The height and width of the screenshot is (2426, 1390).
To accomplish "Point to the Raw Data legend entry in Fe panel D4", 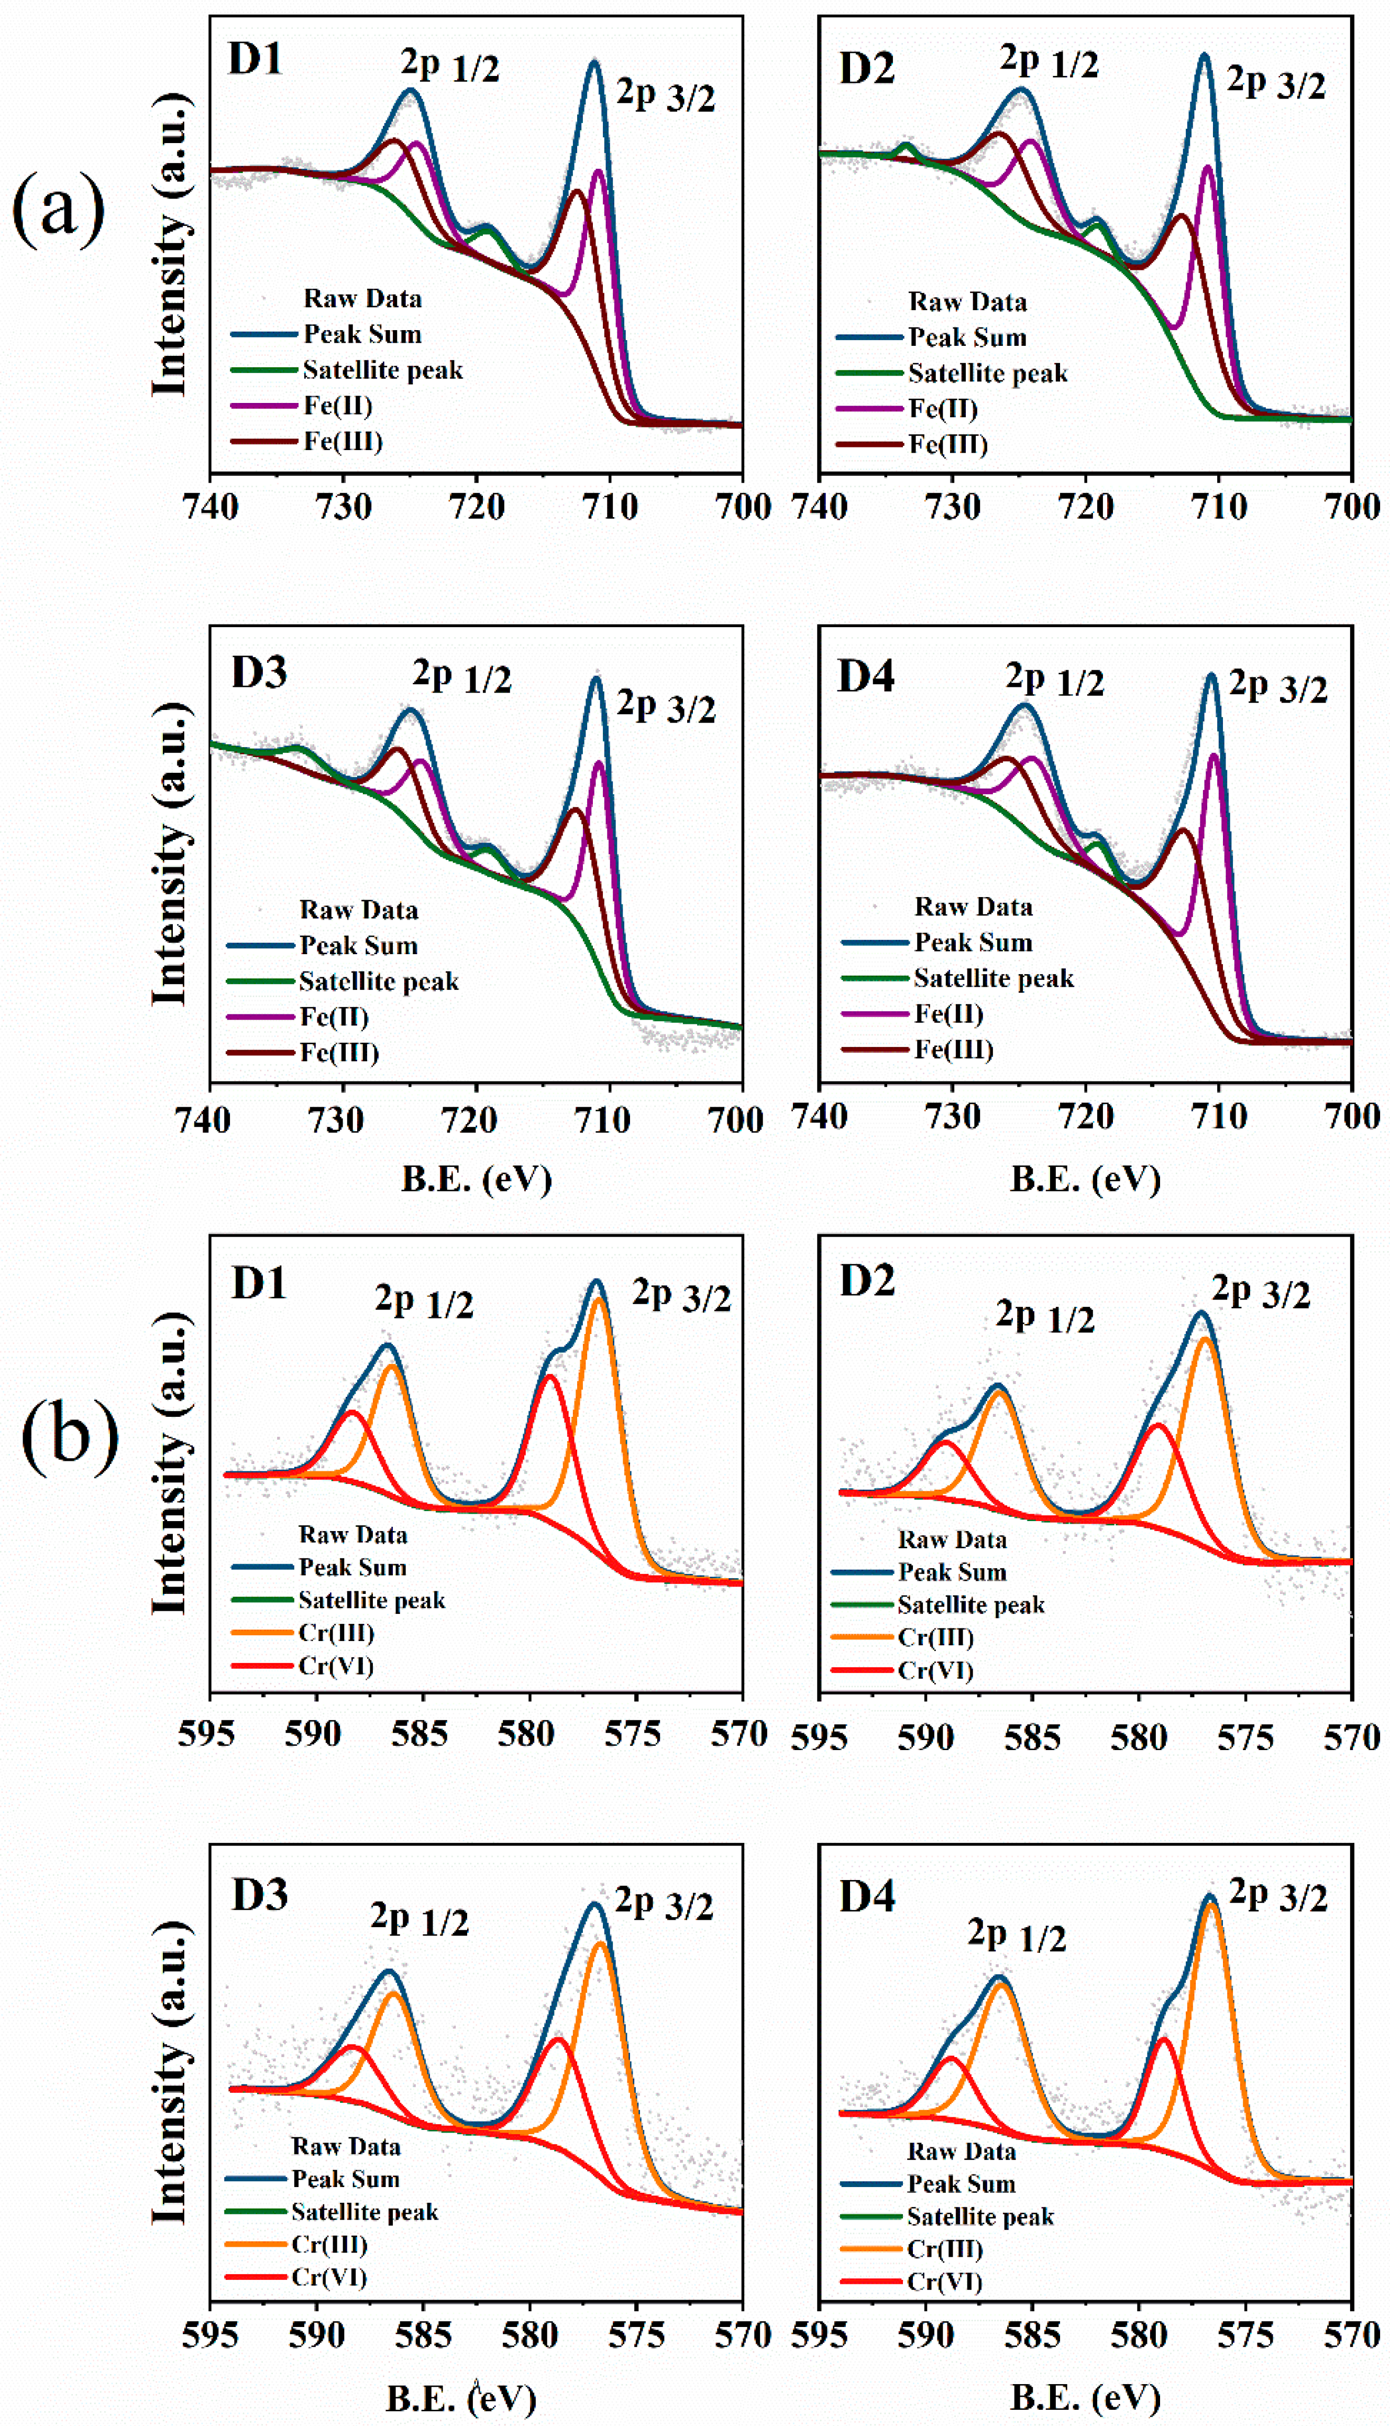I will pyautogui.click(x=973, y=906).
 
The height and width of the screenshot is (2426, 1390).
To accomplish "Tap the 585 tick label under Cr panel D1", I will pyautogui.click(x=420, y=1733).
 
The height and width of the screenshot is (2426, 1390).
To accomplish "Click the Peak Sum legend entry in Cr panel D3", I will pyautogui.click(x=345, y=2179).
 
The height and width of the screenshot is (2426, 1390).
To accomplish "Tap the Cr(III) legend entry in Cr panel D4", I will pyautogui.click(x=944, y=2249).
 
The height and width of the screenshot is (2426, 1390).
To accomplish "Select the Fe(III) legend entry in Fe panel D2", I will pyautogui.click(x=947, y=445).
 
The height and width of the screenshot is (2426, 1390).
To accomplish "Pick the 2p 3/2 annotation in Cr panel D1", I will pyautogui.click(x=681, y=1296).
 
